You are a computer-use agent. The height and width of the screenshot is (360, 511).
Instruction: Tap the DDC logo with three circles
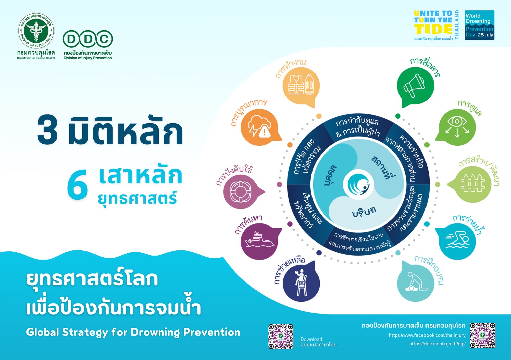coord(88,39)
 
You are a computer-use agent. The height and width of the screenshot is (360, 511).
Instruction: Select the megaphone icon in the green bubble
coord(414,85)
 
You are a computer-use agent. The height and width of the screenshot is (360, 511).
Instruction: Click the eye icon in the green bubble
coord(457,126)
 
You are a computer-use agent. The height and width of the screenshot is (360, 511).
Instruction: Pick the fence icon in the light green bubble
coord(473,183)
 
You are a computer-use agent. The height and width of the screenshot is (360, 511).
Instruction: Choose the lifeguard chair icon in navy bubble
coord(301,283)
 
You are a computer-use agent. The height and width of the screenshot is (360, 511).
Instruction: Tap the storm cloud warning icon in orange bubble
coord(260,126)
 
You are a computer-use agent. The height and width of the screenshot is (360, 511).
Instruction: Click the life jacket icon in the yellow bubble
coord(301,84)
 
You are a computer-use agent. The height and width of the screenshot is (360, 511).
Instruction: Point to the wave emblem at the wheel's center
coord(358,184)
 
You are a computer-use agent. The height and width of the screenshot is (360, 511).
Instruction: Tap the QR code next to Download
coord(281,336)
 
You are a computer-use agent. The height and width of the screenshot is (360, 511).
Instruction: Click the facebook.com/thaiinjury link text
coord(427,335)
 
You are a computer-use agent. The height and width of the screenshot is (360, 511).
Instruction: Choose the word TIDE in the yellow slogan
coord(433,29)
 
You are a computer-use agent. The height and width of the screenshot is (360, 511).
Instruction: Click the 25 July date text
coord(486,35)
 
